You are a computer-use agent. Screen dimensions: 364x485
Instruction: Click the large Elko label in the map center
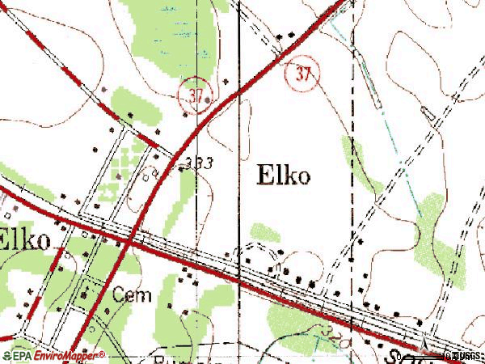pyautogui.click(x=283, y=176)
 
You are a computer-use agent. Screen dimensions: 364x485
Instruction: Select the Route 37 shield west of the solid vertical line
pyautogui.click(x=194, y=94)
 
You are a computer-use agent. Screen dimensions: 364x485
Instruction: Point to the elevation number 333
pyautogui.click(x=198, y=163)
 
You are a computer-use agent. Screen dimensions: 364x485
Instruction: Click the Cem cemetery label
pyautogui.click(x=132, y=295)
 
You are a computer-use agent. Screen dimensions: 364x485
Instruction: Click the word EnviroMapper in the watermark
pyautogui.click(x=68, y=355)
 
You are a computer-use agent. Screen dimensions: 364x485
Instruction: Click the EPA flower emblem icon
pyautogui.click(x=6, y=355)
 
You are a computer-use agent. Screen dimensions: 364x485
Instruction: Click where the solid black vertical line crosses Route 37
pyautogui.click(x=238, y=91)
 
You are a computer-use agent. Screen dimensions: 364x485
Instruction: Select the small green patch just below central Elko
pyautogui.click(x=264, y=232)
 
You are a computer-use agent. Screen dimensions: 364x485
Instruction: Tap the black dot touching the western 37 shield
pyautogui.click(x=209, y=100)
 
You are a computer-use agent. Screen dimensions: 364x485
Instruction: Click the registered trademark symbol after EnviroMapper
pyautogui.click(x=103, y=353)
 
